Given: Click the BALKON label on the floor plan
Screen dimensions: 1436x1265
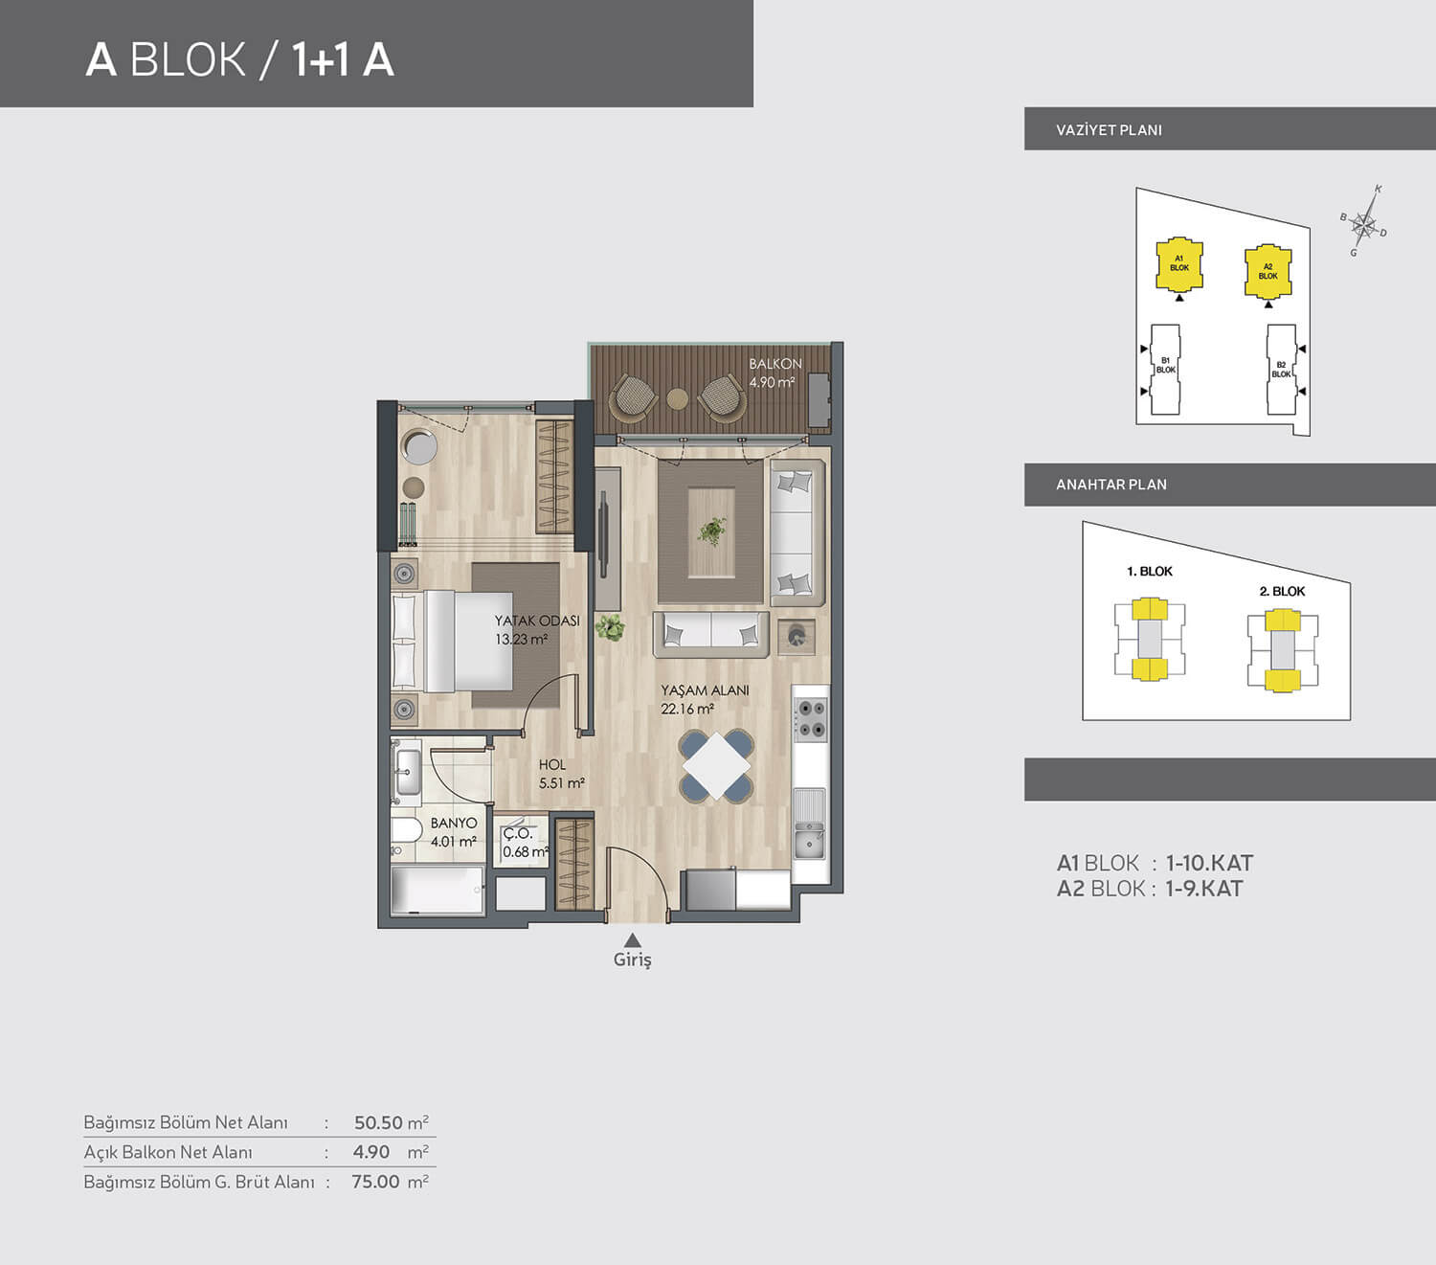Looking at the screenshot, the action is coord(775,364).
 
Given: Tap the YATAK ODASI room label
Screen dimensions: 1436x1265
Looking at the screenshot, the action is coord(537,621).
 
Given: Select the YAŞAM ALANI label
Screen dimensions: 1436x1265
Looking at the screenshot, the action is coord(705,689).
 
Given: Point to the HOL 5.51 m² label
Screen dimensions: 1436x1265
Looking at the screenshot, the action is coord(561,774).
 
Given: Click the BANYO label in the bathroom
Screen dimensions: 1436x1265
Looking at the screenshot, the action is coord(454,824).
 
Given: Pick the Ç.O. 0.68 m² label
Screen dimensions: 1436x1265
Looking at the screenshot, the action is coord(526,843).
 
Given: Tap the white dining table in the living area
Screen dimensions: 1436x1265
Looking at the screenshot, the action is coord(716,766).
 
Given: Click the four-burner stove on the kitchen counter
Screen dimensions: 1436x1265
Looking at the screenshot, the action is coord(811,717).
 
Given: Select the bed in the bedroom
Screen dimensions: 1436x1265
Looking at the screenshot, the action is coord(452,641).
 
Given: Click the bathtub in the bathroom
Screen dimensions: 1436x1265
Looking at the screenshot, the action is coord(438,890).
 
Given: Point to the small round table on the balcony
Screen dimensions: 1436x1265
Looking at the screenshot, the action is coord(677,399).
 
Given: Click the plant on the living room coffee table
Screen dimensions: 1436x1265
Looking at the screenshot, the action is coord(711,530).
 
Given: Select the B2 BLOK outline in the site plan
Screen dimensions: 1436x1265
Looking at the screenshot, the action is coord(1282,370).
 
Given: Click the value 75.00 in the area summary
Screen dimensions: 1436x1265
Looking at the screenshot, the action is coord(375,1182).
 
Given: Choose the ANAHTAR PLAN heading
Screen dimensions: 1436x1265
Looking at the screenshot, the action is coord(1111,485).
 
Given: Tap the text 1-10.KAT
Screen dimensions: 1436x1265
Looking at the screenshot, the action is coord(1209,863).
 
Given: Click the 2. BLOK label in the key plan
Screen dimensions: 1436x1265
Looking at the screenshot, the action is coord(1282,592).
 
